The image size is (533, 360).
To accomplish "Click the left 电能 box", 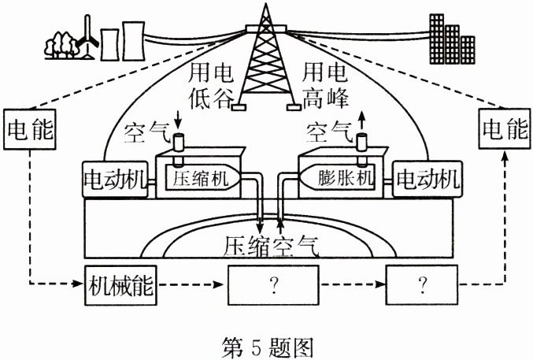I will click(x=29, y=128).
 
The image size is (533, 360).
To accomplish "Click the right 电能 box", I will click(x=504, y=128).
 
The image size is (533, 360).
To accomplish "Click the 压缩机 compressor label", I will click(x=200, y=179).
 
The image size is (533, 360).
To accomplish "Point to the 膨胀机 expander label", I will click(x=345, y=179).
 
